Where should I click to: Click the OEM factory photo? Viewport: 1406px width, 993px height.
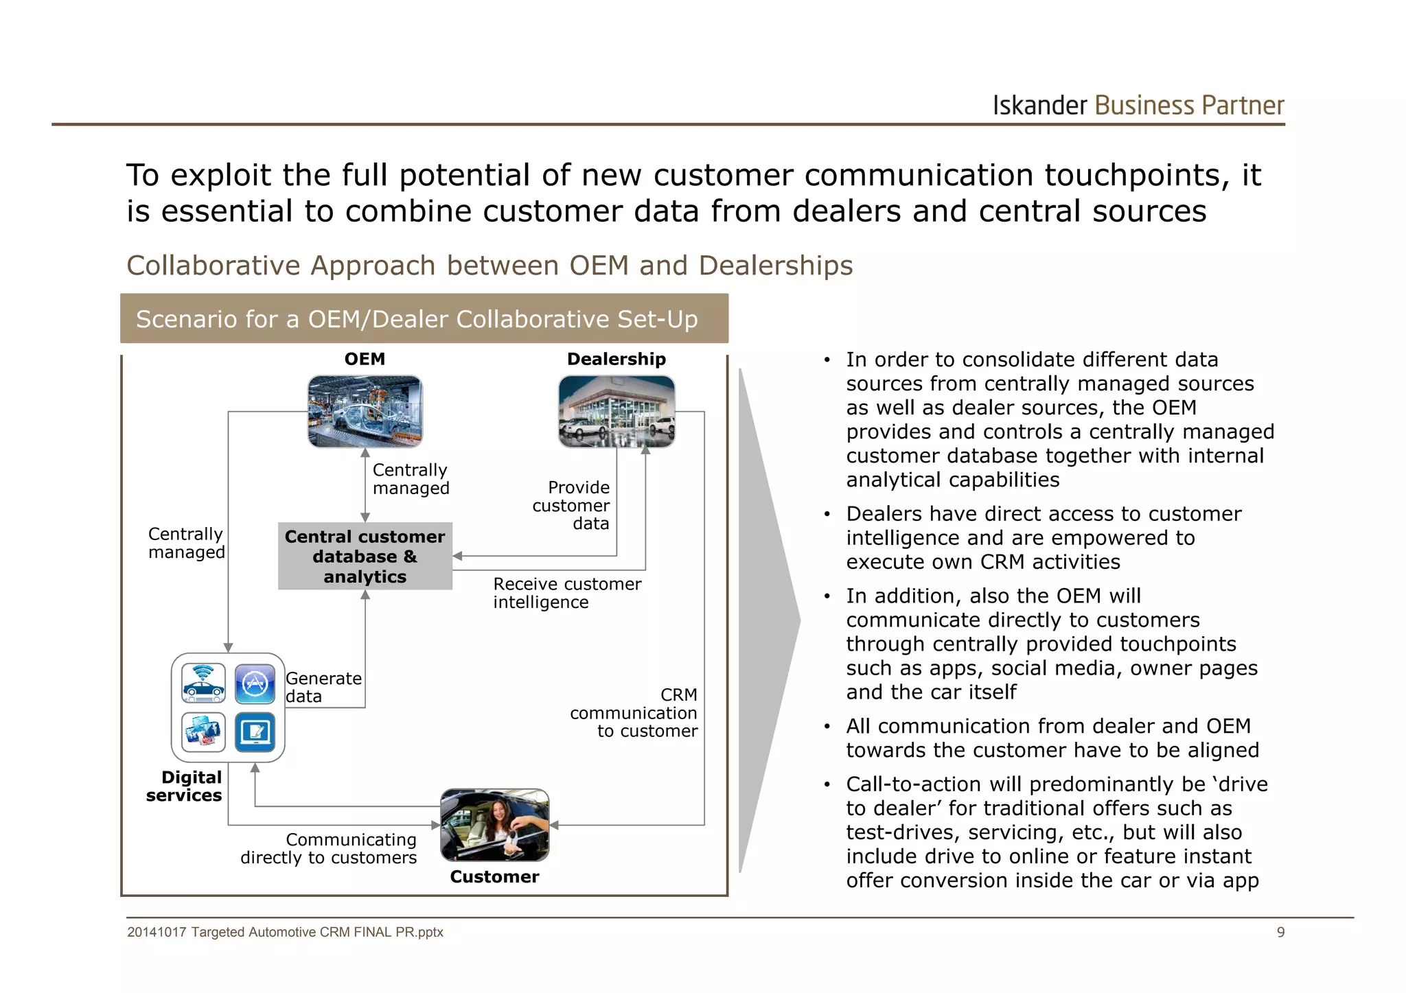pyautogui.click(x=365, y=411)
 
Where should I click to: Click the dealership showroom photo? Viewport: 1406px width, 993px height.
pyautogui.click(x=616, y=411)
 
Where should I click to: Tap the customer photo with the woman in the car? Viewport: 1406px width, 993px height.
pyautogui.click(x=494, y=824)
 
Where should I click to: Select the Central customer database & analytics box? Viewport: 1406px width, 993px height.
pyautogui.click(x=365, y=556)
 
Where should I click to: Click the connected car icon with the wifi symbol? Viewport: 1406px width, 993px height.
pyautogui.click(x=203, y=684)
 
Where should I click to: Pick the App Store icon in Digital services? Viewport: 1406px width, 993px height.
pyautogui.click(x=255, y=684)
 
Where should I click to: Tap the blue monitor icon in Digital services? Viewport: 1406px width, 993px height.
pyautogui.click(x=255, y=732)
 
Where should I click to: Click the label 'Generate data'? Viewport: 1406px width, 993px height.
pyautogui.click(x=323, y=687)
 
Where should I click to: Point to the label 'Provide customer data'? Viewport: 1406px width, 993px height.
pyautogui.click(x=571, y=505)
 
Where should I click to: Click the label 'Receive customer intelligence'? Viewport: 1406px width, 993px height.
pyautogui.click(x=566, y=592)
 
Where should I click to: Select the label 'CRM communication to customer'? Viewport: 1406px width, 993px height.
pyautogui.click(x=633, y=712)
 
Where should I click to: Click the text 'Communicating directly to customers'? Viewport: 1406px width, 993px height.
pyautogui.click(x=330, y=848)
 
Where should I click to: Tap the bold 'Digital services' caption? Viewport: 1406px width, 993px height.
pyautogui.click(x=184, y=786)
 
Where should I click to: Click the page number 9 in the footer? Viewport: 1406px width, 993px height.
pyautogui.click(x=1280, y=932)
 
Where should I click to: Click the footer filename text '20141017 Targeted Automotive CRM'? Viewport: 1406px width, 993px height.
pyautogui.click(x=285, y=932)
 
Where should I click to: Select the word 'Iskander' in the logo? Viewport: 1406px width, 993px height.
pyautogui.click(x=1039, y=106)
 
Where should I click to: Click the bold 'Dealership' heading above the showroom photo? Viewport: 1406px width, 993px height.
pyautogui.click(x=616, y=359)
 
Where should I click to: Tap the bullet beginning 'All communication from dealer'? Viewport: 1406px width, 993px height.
pyautogui.click(x=1052, y=738)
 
